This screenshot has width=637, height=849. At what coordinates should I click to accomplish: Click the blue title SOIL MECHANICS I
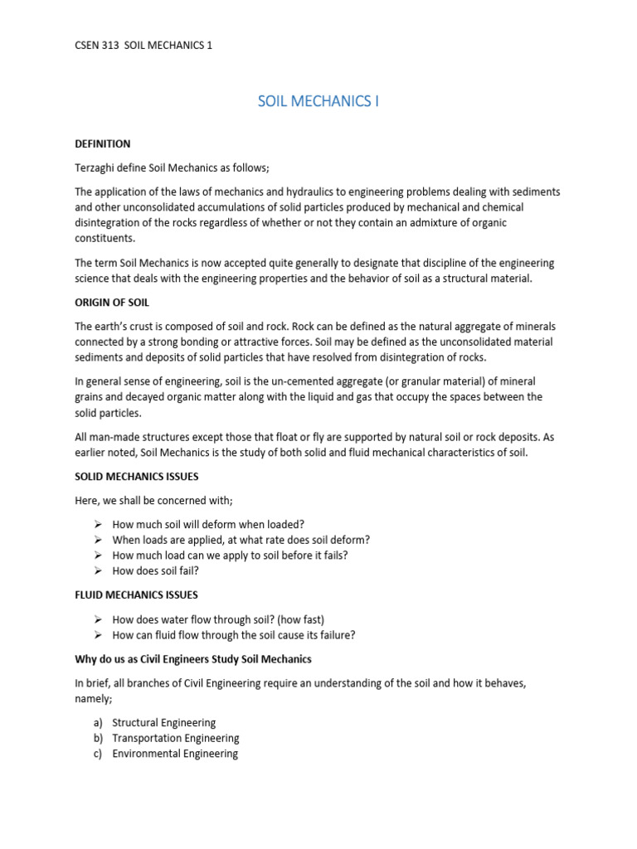pyautogui.click(x=318, y=101)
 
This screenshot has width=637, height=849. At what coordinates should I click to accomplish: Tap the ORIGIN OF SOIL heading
pyautogui.click(x=112, y=303)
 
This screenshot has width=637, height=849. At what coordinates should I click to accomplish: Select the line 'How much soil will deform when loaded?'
pyautogui.click(x=208, y=524)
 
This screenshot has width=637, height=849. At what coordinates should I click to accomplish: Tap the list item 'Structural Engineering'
pyautogui.click(x=163, y=723)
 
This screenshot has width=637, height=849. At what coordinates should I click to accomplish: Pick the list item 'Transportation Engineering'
pyautogui.click(x=176, y=738)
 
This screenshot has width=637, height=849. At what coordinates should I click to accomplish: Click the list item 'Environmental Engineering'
pyautogui.click(x=175, y=754)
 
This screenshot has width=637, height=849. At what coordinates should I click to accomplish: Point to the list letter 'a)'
pyautogui.click(x=98, y=723)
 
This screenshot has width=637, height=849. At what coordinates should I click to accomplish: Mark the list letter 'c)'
pyautogui.click(x=98, y=754)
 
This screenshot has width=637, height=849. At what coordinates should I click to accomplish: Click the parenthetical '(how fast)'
pyautogui.click(x=299, y=619)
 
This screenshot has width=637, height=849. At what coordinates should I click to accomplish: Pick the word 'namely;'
pyautogui.click(x=95, y=699)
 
